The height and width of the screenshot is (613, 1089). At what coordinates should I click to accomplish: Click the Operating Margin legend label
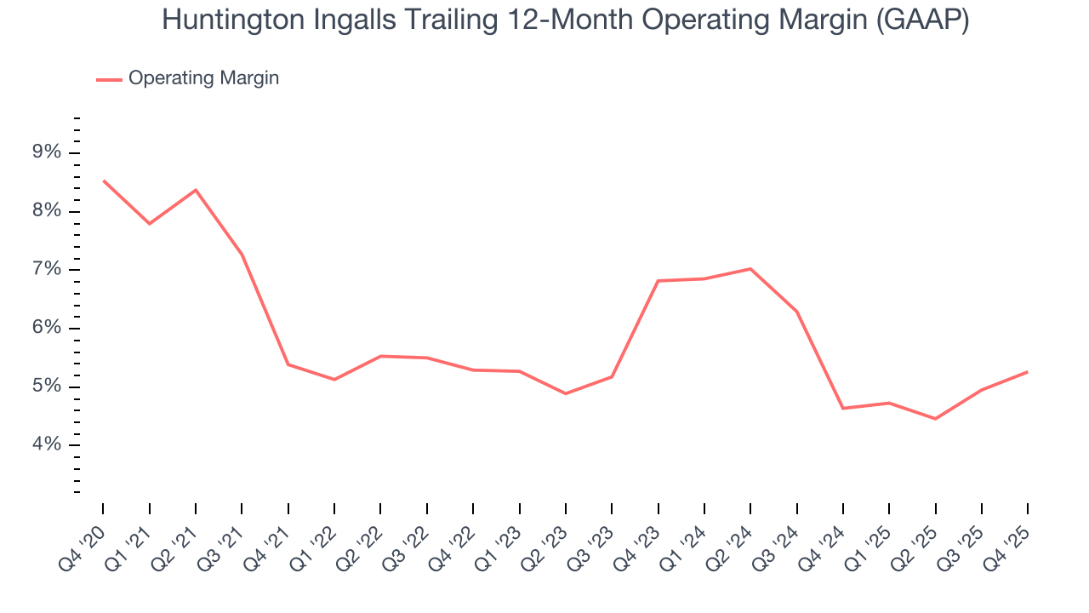point(203,78)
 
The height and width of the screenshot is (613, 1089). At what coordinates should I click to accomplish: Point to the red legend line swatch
point(109,79)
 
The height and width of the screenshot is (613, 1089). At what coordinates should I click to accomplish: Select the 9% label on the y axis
point(47,153)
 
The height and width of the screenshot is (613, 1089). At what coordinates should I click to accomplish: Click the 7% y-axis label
point(47,270)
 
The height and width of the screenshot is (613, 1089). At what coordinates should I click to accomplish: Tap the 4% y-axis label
point(47,445)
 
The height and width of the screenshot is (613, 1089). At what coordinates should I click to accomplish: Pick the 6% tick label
point(47,329)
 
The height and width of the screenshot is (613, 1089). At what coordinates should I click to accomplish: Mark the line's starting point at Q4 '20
point(104,180)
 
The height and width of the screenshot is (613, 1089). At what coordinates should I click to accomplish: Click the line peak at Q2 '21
point(196,190)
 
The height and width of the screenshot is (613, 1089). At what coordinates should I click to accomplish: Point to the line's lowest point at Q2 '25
point(935,419)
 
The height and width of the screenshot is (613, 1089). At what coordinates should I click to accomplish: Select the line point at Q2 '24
point(750,269)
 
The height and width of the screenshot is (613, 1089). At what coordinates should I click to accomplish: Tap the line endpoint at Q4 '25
point(1027,372)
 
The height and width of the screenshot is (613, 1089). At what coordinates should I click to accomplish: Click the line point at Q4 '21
point(288,364)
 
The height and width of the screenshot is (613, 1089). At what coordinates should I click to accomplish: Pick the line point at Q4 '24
point(843,409)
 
